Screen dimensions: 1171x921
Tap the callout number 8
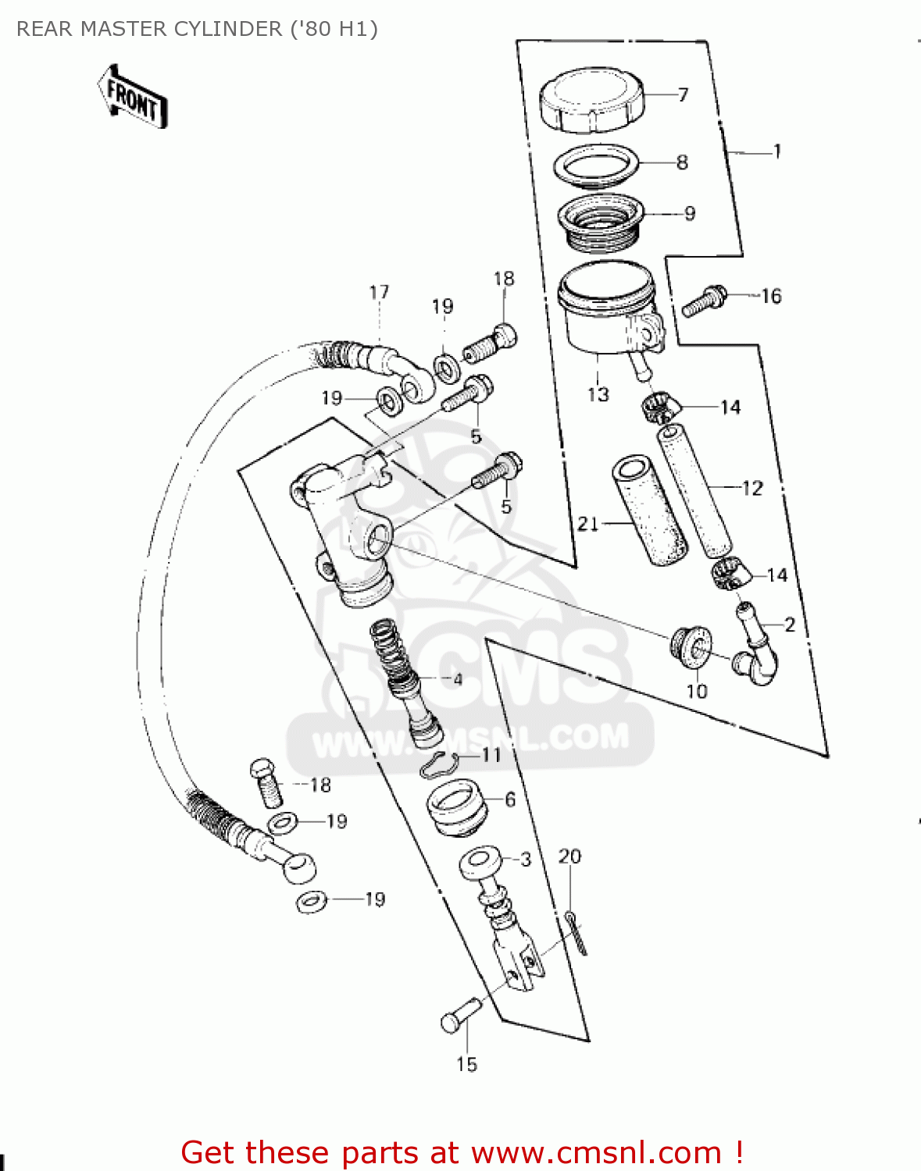click(x=682, y=162)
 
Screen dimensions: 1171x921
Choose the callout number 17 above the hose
click(x=379, y=293)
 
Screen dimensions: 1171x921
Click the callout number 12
click(x=752, y=489)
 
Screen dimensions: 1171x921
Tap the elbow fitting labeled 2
click(x=755, y=652)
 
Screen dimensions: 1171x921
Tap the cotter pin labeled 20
click(x=577, y=933)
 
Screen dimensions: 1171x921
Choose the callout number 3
click(x=526, y=860)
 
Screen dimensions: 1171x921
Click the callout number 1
click(x=776, y=151)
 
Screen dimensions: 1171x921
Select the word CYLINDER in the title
click(x=228, y=29)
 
